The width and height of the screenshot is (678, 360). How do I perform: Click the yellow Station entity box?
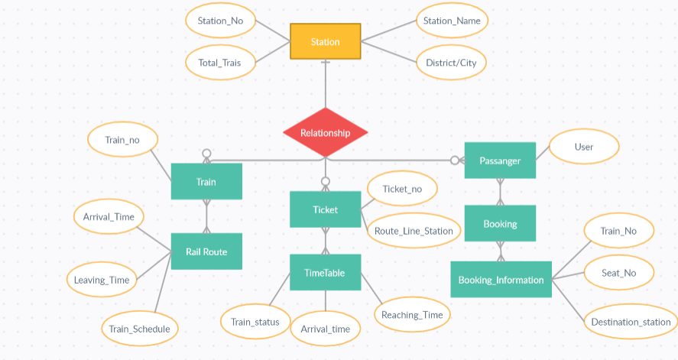click(x=325, y=42)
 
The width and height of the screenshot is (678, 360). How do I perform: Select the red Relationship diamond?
click(x=325, y=133)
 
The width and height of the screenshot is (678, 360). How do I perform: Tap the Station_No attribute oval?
click(x=220, y=21)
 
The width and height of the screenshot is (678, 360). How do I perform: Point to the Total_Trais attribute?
click(x=220, y=63)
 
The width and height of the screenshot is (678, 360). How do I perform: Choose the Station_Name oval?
click(x=452, y=21)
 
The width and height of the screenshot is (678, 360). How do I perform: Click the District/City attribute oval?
click(x=451, y=63)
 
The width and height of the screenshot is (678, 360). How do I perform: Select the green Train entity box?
click(x=206, y=182)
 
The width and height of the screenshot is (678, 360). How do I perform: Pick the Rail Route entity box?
click(x=206, y=251)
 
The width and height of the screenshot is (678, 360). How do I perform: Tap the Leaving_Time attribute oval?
click(x=102, y=280)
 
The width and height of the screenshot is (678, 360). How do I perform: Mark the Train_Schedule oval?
click(x=140, y=329)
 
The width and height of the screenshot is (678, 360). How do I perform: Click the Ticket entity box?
click(x=325, y=209)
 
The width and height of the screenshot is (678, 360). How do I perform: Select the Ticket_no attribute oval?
click(x=402, y=189)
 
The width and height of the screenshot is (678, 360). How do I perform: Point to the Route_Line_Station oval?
click(x=414, y=231)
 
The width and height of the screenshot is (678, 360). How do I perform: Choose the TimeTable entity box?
click(x=325, y=272)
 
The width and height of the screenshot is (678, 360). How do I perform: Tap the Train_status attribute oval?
click(x=255, y=322)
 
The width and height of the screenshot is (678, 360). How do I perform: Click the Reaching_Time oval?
click(x=412, y=314)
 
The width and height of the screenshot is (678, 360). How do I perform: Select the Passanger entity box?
click(x=500, y=161)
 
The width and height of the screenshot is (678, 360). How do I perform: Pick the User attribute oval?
click(x=584, y=147)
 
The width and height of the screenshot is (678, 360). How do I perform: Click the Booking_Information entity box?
click(x=501, y=280)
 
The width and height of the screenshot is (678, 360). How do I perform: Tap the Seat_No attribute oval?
click(x=618, y=272)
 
